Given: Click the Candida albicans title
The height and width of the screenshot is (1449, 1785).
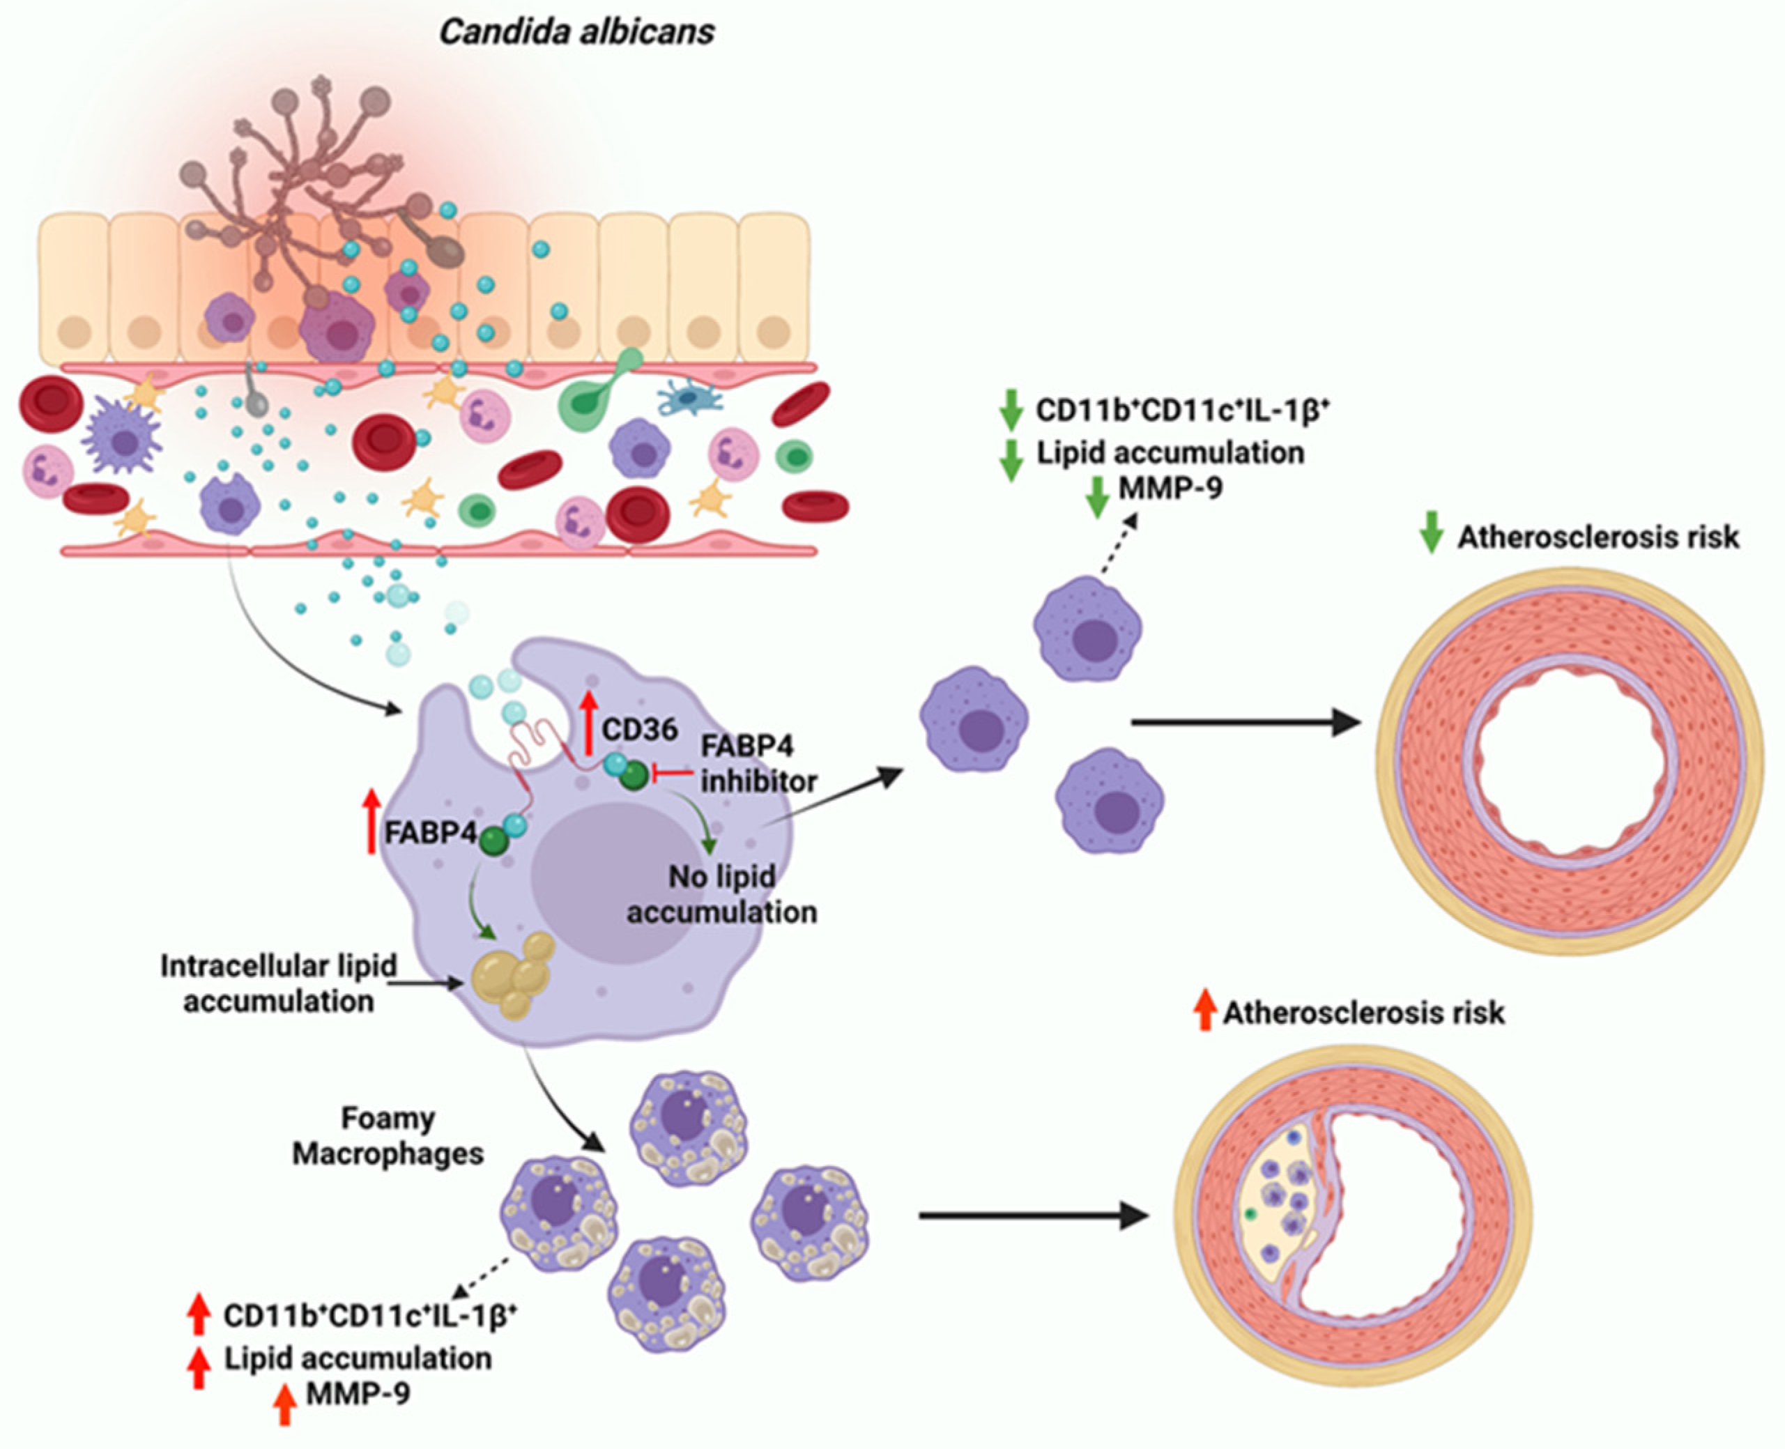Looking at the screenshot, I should (x=576, y=33).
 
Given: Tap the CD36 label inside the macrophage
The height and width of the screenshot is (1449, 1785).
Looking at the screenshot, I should (x=640, y=730).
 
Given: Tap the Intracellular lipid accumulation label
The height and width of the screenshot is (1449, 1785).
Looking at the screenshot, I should (x=278, y=983).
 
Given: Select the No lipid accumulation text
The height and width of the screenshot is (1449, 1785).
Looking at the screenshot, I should (x=722, y=894).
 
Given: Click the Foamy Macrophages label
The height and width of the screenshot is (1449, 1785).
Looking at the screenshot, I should (x=388, y=1135).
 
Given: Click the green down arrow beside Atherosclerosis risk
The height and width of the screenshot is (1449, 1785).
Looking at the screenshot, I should (x=1431, y=532).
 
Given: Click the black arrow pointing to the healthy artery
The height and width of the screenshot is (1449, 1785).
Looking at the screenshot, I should (x=1243, y=722).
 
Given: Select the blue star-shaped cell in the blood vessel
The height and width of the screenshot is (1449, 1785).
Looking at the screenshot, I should (x=689, y=399).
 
